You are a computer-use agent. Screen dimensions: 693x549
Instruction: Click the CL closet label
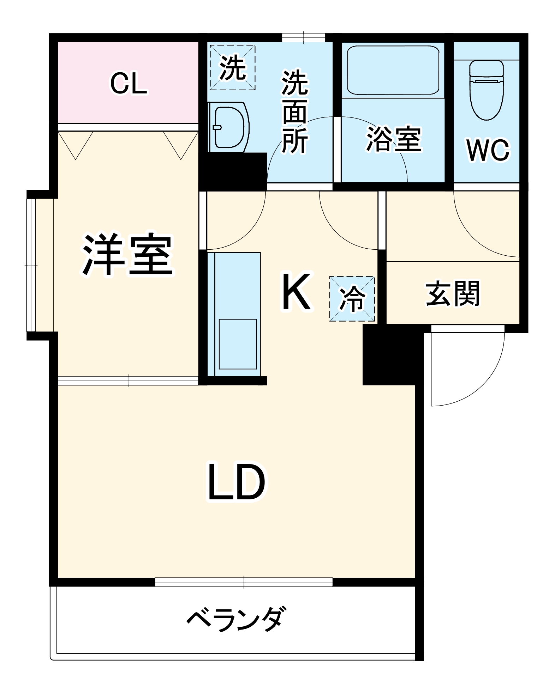coord(129,84)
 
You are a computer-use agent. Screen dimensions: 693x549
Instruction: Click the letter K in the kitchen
coord(296,291)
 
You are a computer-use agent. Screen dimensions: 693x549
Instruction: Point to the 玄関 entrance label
coord(452,293)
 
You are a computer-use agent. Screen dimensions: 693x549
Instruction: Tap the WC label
coord(488,150)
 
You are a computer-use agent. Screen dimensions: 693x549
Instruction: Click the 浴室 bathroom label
coord(394,139)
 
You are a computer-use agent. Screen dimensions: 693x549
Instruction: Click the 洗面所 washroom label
coord(295,112)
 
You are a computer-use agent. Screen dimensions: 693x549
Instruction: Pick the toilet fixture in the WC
coord(486,90)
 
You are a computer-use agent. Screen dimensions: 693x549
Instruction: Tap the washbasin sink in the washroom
coord(229,127)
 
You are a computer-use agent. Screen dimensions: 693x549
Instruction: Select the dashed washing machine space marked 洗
coord(232,67)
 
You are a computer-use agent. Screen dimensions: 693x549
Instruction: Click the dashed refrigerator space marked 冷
coord(352,299)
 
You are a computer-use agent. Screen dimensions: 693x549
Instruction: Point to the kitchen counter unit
coord(234,314)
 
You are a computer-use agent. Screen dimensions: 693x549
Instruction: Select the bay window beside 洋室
coord(31,265)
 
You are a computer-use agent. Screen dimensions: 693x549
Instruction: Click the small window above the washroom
coord(303,37)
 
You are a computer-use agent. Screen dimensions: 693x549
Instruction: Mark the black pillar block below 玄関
coord(393,354)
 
